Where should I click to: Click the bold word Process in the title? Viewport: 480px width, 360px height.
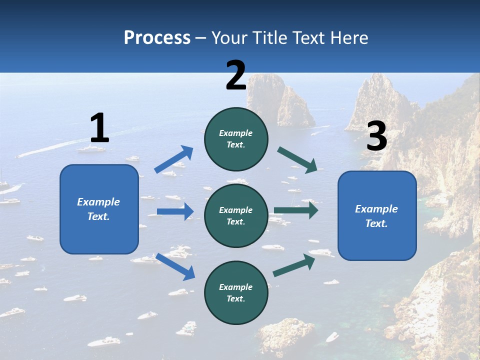[157, 38]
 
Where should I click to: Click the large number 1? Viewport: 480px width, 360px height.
[99, 128]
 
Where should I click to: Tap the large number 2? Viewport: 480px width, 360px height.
[236, 75]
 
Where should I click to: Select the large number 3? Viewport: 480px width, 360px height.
[376, 136]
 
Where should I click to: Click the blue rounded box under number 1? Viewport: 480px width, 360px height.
[99, 209]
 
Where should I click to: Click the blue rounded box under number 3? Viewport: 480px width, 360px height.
[377, 215]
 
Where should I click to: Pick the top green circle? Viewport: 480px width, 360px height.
[236, 139]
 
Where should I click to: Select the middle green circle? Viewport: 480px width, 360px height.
[236, 215]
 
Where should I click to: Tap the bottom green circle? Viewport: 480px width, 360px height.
[236, 292]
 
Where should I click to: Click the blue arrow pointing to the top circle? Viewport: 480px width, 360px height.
[173, 159]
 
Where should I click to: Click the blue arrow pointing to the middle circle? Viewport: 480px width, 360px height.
[175, 211]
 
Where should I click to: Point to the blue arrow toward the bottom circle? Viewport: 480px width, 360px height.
[175, 266]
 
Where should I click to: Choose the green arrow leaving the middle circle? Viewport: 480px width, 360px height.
[295, 210]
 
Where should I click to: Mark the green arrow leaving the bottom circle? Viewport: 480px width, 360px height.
[294, 265]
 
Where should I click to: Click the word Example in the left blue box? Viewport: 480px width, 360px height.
[98, 202]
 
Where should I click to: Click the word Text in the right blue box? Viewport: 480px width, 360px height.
[376, 223]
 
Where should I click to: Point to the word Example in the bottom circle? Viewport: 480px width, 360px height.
[236, 287]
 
